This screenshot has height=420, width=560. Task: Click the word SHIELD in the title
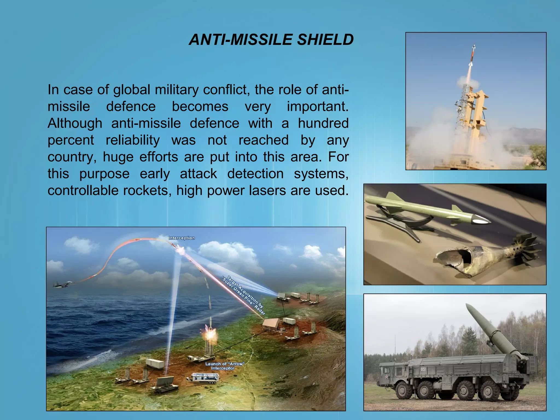[325, 40]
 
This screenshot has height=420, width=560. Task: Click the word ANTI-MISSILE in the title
[241, 40]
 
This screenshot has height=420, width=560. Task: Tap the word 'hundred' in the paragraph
[323, 123]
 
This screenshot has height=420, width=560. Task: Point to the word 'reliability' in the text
[133, 140]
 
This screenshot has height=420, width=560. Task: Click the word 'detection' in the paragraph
[255, 174]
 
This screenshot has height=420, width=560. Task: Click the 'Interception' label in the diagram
[182, 238]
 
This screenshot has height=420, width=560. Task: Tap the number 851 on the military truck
[423, 369]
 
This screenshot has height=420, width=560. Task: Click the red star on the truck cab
[386, 377]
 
